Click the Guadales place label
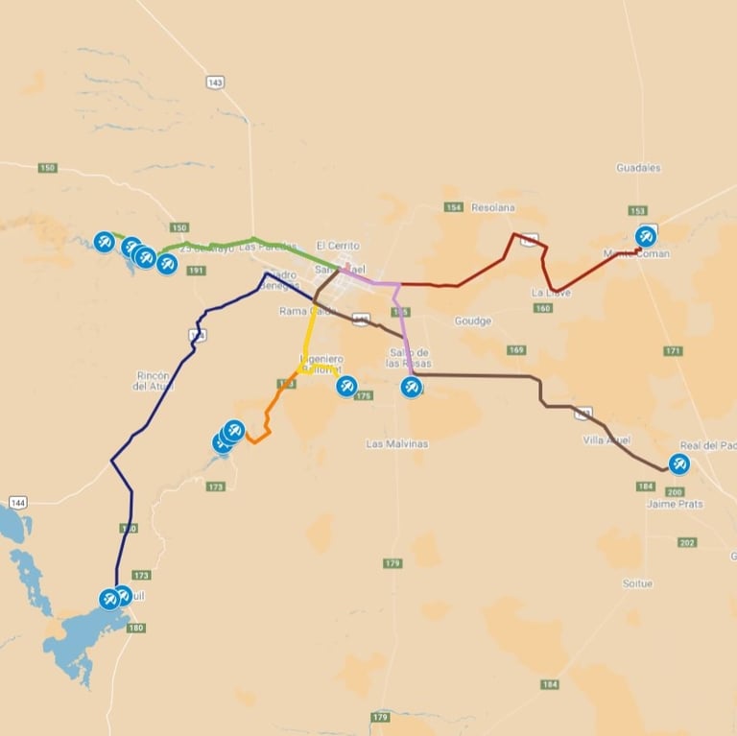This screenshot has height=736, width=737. (x=638, y=168)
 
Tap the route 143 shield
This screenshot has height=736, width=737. (x=215, y=83)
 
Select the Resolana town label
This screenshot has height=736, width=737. (x=492, y=207)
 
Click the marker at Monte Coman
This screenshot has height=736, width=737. (x=647, y=236)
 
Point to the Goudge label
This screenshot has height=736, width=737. (x=472, y=321)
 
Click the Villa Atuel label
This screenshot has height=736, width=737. (x=606, y=439)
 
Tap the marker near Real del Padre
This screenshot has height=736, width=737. (x=679, y=464)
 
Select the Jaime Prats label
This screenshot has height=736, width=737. (x=675, y=504)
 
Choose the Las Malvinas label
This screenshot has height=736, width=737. (x=397, y=444)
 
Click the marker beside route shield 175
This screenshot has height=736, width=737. (x=346, y=386)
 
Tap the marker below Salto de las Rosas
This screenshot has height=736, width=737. (x=411, y=387)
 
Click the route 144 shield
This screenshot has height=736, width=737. (x=17, y=503)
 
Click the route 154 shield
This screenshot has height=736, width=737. (x=454, y=207)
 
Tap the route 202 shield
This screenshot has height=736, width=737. (x=686, y=543)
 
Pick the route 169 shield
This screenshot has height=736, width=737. (x=516, y=350)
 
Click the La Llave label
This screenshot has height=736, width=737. (x=551, y=293)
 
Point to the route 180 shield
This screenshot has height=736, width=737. (x=135, y=629)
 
